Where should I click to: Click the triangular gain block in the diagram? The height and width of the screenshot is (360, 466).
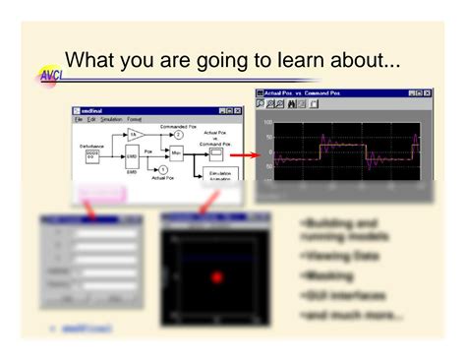pos(138,134)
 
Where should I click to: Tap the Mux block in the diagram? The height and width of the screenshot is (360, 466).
pos(176,154)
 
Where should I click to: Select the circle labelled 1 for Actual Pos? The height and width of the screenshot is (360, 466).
pos(162,169)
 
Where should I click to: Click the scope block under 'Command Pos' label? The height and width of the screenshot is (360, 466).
pos(215,153)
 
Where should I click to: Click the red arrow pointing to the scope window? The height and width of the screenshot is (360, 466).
pos(245,153)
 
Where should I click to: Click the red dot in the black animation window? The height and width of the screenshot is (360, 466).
pos(217,277)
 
